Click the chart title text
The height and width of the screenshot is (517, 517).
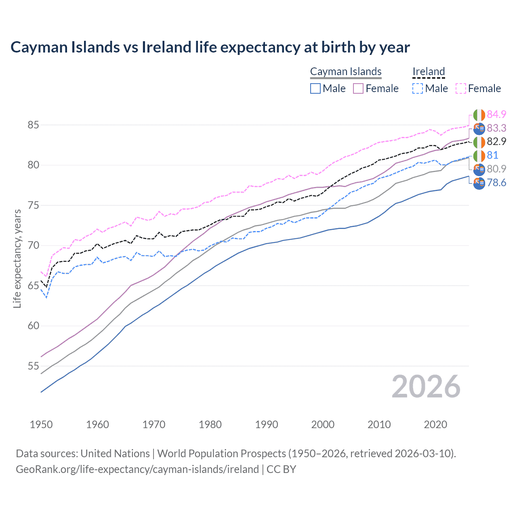coord(210,47)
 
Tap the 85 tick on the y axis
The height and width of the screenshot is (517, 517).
coord(33,125)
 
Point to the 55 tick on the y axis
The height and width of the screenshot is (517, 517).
coord(33,366)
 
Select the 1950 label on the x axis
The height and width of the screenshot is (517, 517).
coord(41,425)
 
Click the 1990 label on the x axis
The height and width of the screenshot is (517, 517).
coord(267,425)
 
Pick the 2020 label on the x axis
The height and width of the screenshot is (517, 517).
coord(435,425)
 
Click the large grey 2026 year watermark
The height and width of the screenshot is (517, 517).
coord(426,387)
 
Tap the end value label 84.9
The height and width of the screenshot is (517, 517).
coord(496,115)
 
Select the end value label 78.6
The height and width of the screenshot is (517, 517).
coord(496,183)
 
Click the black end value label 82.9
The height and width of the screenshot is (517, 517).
coord(496,142)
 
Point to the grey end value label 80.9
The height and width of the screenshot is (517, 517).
coord(496,169)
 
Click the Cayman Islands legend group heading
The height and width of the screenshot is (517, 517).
coord(346,71)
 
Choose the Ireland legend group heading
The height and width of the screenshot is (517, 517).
coord(429,71)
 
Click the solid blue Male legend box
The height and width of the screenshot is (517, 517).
coord(315,88)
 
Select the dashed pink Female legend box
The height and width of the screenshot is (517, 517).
coord(461,88)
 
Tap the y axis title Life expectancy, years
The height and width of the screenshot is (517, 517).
coord(17,258)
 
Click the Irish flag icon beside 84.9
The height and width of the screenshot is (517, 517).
coord(479,115)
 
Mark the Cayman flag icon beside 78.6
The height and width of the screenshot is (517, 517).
coord(479,183)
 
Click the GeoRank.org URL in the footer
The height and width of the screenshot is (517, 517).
coord(137,469)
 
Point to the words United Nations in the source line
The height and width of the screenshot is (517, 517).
coord(115,454)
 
